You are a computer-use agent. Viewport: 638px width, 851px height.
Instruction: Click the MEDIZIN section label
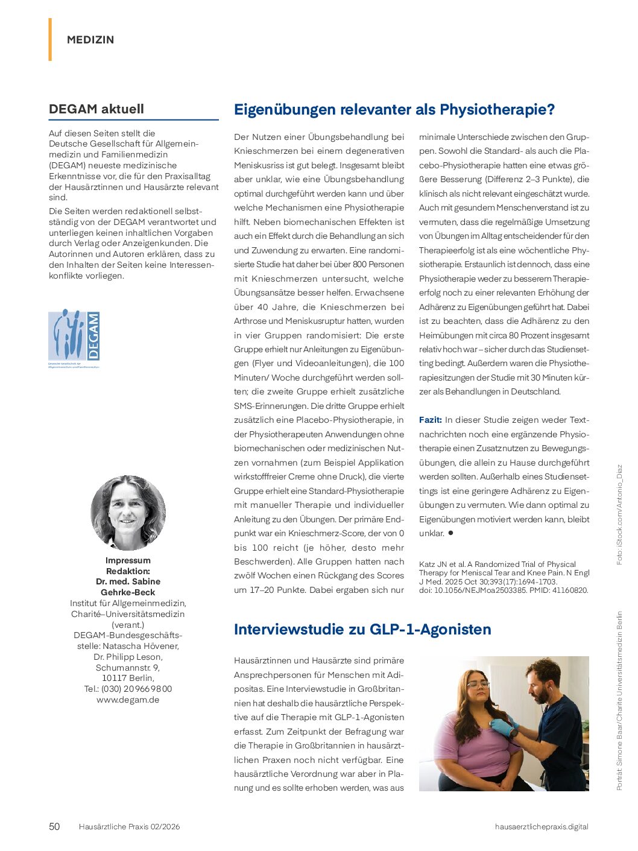[x=90, y=40]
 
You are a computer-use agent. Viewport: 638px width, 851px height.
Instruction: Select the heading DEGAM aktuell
[x=96, y=109]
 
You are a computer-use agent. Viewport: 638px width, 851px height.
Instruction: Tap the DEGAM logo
[x=74, y=336]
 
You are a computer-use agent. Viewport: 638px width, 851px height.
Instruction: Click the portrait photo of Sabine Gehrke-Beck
[x=128, y=513]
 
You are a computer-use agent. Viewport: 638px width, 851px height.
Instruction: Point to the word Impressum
[x=128, y=560]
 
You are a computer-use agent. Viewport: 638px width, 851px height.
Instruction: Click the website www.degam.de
[x=128, y=700]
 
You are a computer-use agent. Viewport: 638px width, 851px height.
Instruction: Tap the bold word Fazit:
[x=431, y=420]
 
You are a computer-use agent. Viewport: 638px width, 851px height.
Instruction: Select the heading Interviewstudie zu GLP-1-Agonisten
[x=362, y=629]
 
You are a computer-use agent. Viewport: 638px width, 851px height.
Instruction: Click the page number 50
[x=54, y=826]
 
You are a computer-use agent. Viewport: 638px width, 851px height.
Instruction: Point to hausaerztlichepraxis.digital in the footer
[x=542, y=826]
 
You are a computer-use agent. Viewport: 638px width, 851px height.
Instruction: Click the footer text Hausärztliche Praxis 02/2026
[x=129, y=826]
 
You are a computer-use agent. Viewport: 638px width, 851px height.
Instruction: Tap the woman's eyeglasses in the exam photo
[x=478, y=684]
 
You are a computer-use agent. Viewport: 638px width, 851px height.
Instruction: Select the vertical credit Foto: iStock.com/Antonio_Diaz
[x=619, y=514]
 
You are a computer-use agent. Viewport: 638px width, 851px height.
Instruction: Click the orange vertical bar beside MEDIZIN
[x=50, y=39]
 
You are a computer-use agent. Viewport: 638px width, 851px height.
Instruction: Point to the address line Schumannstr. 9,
[x=128, y=668]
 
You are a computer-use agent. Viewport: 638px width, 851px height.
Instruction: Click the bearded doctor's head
[x=543, y=679]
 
